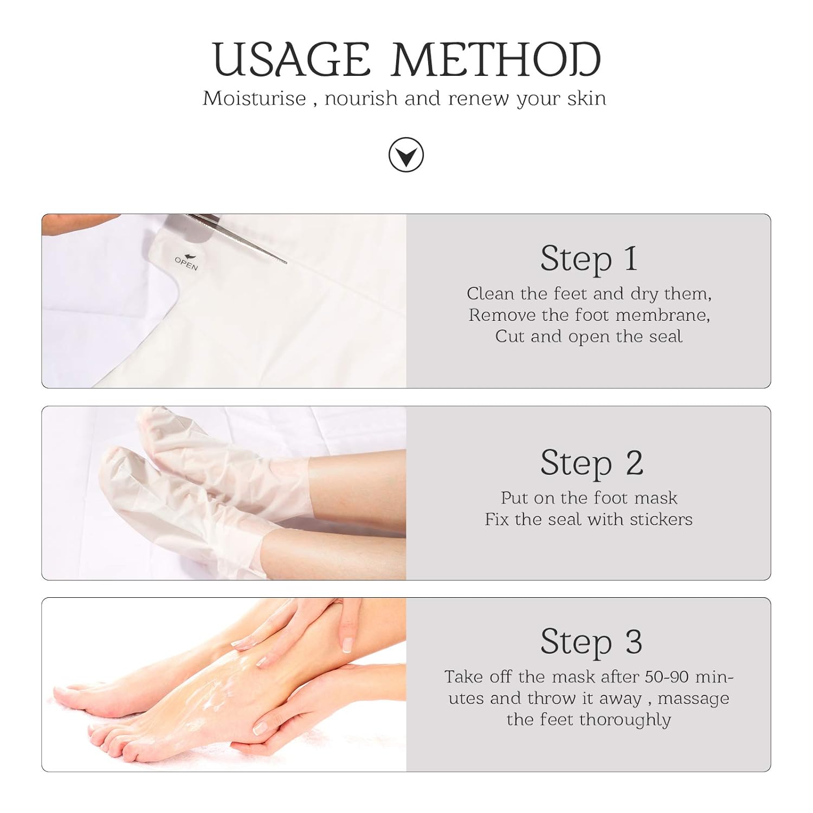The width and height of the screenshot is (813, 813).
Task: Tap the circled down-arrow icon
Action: point(406,156)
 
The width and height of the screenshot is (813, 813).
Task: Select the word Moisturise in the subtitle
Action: point(254,99)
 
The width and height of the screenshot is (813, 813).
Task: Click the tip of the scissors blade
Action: point(286,263)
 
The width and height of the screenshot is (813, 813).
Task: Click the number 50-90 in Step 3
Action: point(669,676)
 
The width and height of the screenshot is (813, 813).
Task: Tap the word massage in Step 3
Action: point(694,699)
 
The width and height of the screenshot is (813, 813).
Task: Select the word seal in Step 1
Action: point(666,336)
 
